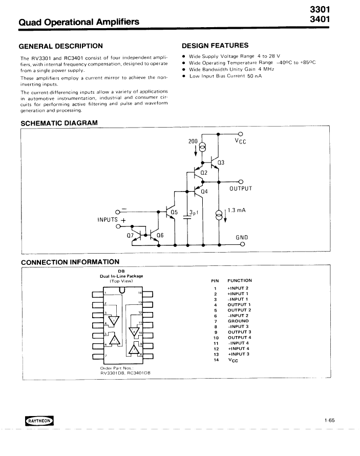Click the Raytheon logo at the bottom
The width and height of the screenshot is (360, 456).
click(x=39, y=421)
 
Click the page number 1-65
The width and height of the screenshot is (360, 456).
click(x=329, y=421)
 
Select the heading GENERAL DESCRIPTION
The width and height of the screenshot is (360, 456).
click(x=61, y=46)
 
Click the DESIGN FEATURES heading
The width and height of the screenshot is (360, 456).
click(x=215, y=46)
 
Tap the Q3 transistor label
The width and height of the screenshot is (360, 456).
click(x=221, y=163)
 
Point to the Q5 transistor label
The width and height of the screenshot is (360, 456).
click(x=174, y=212)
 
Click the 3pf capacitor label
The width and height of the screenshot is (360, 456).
click(x=193, y=212)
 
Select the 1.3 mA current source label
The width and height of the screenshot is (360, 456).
click(x=237, y=210)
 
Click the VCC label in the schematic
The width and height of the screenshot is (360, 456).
click(x=240, y=141)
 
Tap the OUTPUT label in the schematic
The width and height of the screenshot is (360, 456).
click(x=241, y=189)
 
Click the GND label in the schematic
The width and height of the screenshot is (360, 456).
click(x=241, y=237)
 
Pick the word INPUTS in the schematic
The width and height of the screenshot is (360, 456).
click(x=108, y=220)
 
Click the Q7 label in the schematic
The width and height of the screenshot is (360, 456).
click(x=131, y=236)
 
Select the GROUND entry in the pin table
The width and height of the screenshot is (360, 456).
click(x=238, y=321)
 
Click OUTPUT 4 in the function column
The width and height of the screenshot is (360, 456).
click(x=239, y=338)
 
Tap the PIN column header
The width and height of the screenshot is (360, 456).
click(x=215, y=280)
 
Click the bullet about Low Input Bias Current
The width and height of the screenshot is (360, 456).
click(x=225, y=76)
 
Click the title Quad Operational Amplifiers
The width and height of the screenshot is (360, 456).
click(x=79, y=22)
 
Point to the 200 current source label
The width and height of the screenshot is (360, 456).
click(x=193, y=140)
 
